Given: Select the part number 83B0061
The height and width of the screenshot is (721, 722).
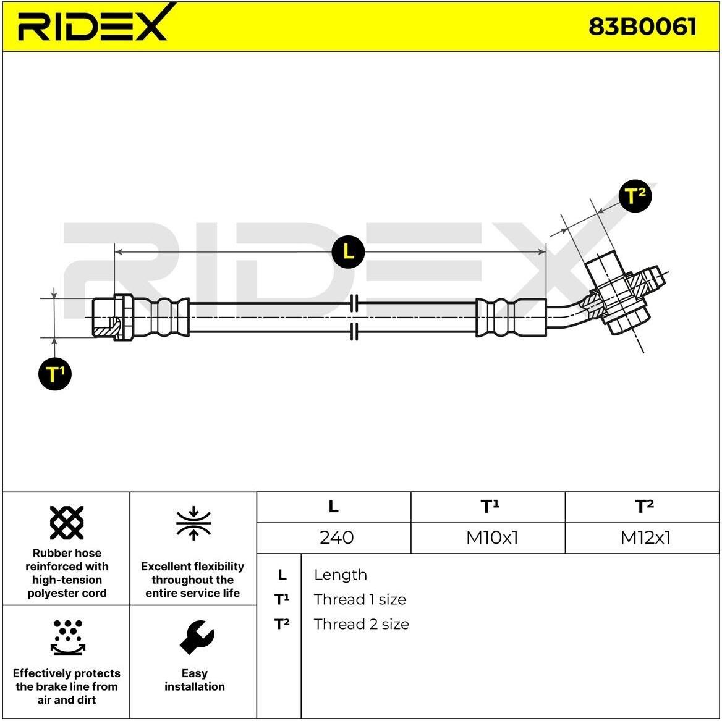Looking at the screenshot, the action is pyautogui.click(x=642, y=26).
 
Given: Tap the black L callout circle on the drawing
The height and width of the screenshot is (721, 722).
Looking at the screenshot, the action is pyautogui.click(x=348, y=251).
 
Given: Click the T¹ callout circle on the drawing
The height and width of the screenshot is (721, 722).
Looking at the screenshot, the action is pyautogui.click(x=55, y=374).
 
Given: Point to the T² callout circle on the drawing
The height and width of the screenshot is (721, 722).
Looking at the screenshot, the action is pyautogui.click(x=635, y=196).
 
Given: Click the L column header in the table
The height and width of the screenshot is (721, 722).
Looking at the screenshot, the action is pyautogui.click(x=333, y=507).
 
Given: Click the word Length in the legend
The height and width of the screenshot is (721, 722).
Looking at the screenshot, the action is pyautogui.click(x=340, y=575).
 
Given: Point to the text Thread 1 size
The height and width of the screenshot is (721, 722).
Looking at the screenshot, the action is pyautogui.click(x=360, y=599).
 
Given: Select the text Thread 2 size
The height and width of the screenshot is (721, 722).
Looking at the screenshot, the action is pyautogui.click(x=362, y=625).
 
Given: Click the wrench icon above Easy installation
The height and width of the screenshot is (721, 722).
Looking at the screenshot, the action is pyautogui.click(x=197, y=637).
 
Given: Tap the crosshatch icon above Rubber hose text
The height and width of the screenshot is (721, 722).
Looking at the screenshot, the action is pyautogui.click(x=67, y=523).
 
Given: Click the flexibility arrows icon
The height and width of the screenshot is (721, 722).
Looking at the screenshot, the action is pyautogui.click(x=193, y=523).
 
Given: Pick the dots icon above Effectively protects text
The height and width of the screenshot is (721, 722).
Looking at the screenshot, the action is pyautogui.click(x=68, y=637).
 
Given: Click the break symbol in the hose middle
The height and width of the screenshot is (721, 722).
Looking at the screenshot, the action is pyautogui.click(x=354, y=318).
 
